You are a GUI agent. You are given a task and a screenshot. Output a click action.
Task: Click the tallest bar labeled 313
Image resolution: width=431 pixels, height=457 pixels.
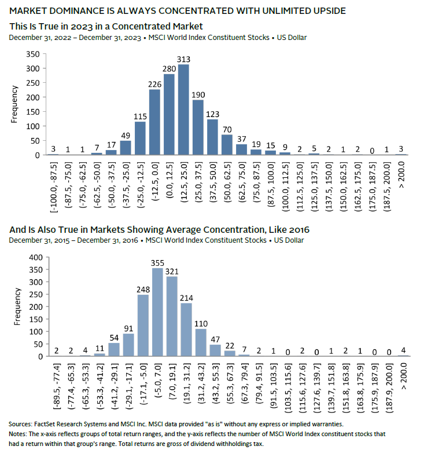184,110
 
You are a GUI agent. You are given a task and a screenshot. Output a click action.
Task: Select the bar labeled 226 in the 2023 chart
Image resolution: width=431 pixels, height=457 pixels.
155,122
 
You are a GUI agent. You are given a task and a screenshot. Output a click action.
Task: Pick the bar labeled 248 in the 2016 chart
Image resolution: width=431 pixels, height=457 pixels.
142,326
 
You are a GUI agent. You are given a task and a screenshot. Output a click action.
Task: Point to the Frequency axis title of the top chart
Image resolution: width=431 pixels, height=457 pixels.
15,105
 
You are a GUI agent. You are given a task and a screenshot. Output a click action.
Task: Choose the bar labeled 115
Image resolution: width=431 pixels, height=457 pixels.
141,138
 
